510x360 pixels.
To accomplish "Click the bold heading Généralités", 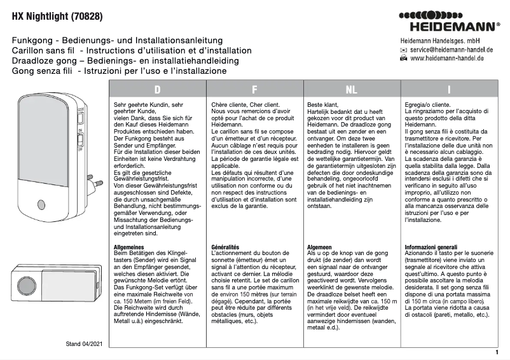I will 224,246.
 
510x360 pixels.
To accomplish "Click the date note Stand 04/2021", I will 84,343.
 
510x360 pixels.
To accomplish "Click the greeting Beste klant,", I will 323,104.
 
